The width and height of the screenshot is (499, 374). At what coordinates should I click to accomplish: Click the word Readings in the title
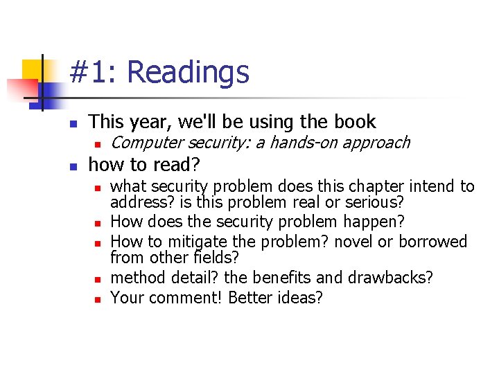click(188, 72)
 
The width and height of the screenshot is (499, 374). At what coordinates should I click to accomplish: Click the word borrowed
click(434, 241)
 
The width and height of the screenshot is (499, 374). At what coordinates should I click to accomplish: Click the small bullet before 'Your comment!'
click(99, 299)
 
